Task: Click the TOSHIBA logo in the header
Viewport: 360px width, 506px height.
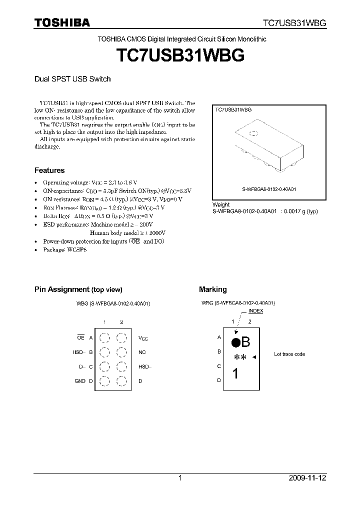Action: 62,23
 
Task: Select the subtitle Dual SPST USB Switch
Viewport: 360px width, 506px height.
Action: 72,79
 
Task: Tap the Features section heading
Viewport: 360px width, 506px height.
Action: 49,170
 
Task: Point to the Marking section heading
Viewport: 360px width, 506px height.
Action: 212,289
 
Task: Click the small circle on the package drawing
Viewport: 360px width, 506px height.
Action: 253,133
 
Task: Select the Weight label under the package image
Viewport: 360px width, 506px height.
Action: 221,204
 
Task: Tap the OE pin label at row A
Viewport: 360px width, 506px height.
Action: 80,337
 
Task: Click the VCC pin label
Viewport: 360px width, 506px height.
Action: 143,338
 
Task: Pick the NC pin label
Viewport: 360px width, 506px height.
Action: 142,352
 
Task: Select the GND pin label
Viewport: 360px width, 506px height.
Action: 80,381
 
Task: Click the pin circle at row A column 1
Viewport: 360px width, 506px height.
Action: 104,338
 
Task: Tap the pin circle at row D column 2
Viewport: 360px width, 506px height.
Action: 121,382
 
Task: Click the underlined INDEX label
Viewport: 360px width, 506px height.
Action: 255,311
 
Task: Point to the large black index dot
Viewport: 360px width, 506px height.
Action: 235,342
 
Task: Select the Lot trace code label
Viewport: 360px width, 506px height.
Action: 289,354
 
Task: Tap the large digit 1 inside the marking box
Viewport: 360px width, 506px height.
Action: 235,374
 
